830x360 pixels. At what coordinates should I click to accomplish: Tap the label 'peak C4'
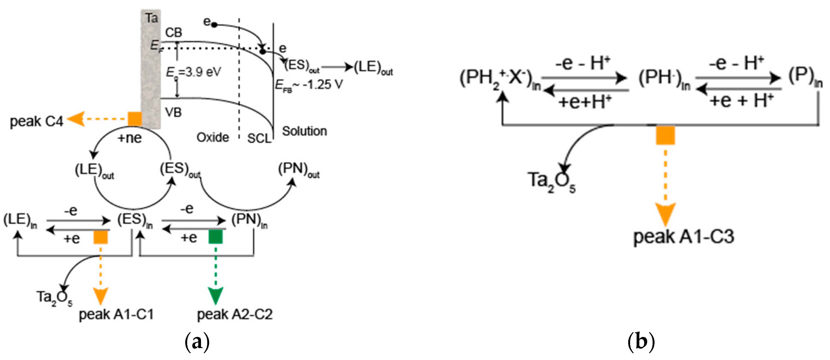click(36, 122)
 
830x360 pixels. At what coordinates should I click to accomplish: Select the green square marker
click(215, 237)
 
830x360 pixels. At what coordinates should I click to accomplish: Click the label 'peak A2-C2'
click(235, 314)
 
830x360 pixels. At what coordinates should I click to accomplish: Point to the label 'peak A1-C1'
click(116, 314)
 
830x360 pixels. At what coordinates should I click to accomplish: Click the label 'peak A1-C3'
click(684, 237)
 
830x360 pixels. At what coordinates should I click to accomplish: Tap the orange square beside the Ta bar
click(135, 119)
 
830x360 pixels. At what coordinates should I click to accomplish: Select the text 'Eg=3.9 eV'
click(193, 72)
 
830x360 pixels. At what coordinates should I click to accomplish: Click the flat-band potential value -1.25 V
click(322, 85)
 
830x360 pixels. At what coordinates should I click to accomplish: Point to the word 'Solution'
click(305, 131)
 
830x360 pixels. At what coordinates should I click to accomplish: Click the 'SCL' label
click(259, 139)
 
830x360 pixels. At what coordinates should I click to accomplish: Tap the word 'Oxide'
click(213, 138)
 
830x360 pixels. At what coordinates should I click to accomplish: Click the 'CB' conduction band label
click(173, 33)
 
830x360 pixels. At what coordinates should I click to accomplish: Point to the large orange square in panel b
click(665, 135)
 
